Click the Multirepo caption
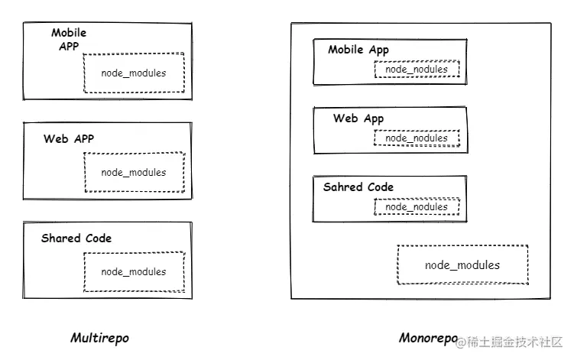(99, 338)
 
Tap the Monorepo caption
(427, 337)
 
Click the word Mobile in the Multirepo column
(69, 33)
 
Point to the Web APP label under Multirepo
(69, 138)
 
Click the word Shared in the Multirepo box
(57, 238)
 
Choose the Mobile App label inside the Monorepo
(358, 50)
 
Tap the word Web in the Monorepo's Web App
(345, 118)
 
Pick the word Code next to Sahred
(380, 186)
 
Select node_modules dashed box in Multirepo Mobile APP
(134, 73)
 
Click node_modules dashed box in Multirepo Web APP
(134, 172)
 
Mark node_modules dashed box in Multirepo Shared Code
(134, 271)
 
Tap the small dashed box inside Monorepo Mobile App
(417, 70)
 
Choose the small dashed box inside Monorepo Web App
(417, 138)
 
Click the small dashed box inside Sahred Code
(417, 207)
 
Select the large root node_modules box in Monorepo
(462, 265)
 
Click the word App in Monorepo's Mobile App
(379, 50)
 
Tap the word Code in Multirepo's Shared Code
(97, 238)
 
